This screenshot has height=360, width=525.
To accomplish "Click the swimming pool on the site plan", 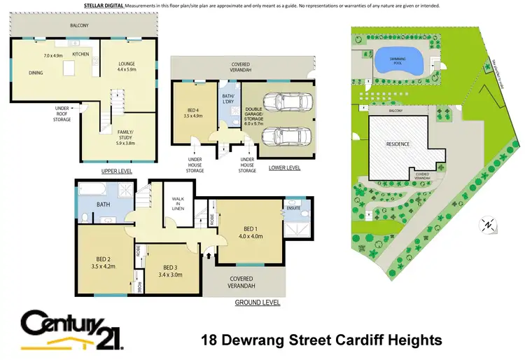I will (397, 62).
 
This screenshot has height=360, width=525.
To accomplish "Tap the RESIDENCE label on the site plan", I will (398, 144).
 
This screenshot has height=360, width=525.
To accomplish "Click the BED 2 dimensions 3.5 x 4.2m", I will (101, 266).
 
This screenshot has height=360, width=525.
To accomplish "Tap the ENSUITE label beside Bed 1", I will (293, 208).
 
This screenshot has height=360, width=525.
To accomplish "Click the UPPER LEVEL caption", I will (116, 172).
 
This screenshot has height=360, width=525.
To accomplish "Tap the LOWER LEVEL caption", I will (285, 168).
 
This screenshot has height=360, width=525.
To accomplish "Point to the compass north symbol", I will (487, 224).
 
